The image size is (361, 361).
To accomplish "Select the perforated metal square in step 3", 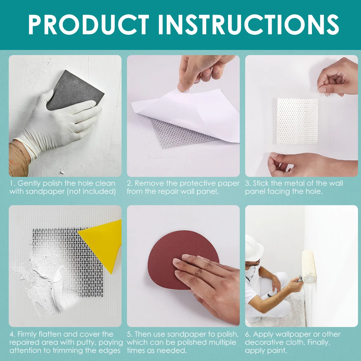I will coord(297,120).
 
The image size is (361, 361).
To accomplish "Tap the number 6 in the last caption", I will coord(248,334).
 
